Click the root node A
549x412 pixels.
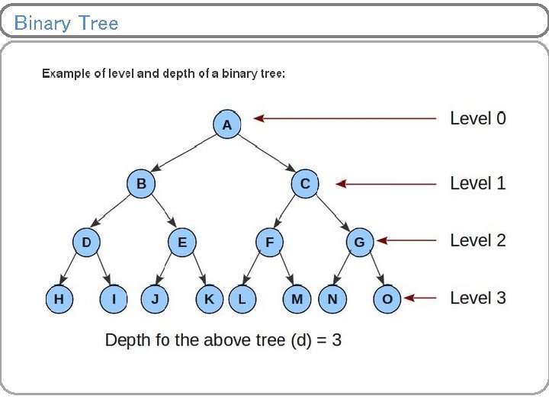pyautogui.click(x=226, y=124)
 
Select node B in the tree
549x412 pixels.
pyautogui.click(x=141, y=184)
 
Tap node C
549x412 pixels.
pyautogui.click(x=305, y=184)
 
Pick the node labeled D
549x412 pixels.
pyautogui.click(x=86, y=243)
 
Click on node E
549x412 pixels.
pyautogui.click(x=181, y=243)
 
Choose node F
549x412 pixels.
pyautogui.click(x=269, y=243)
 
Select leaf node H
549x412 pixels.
pyautogui.click(x=59, y=299)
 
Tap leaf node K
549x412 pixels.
pyautogui.click(x=209, y=299)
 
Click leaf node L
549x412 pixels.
pyautogui.click(x=242, y=299)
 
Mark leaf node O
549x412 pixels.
pyautogui.click(x=387, y=299)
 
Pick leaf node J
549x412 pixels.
pyautogui.click(x=155, y=299)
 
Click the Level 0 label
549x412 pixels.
pyautogui.click(x=477, y=118)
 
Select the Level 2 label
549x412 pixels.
pyautogui.click(x=477, y=240)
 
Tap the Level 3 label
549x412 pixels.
pyautogui.click(x=477, y=298)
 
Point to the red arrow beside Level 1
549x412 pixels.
pyautogui.click(x=386, y=184)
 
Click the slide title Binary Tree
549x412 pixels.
pyautogui.click(x=66, y=23)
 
